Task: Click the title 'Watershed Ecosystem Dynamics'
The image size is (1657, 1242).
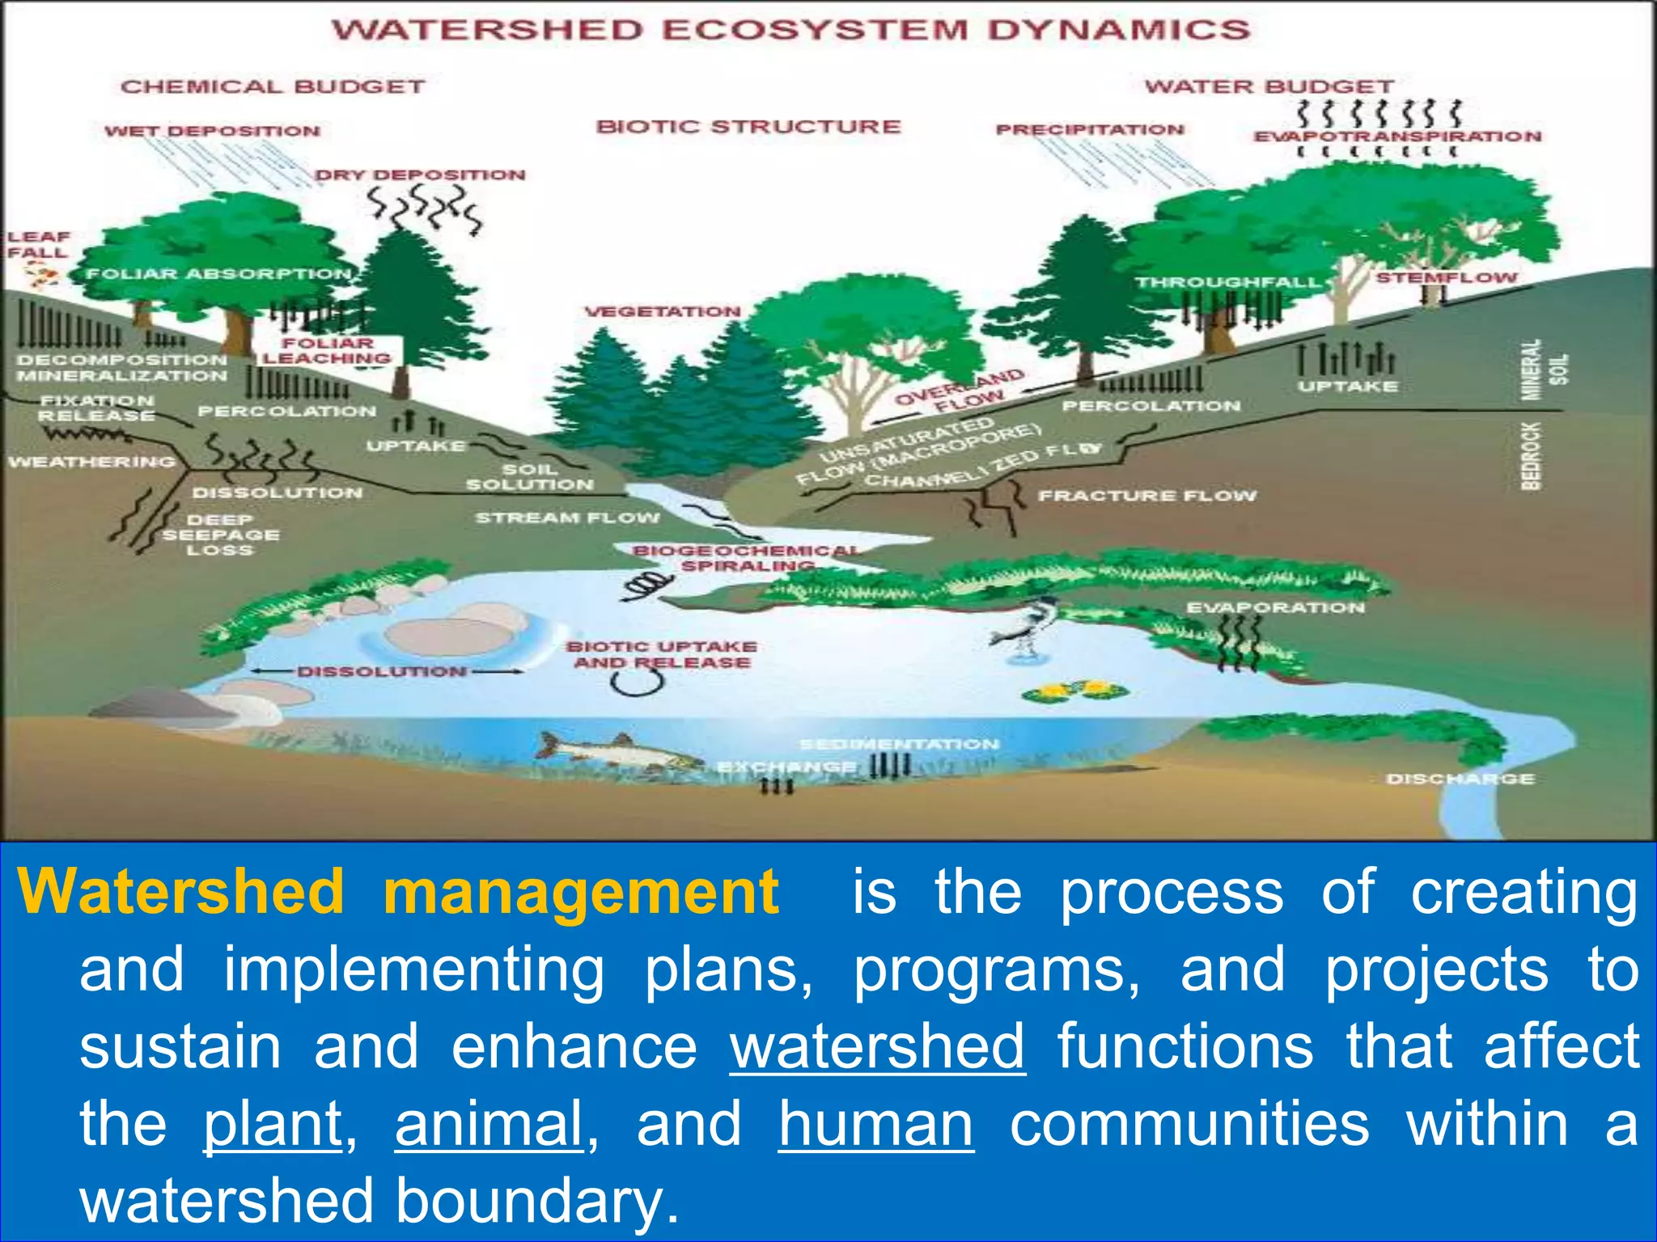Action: (790, 31)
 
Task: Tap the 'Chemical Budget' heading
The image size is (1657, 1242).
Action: (273, 87)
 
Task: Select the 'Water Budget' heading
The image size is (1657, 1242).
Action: (1269, 87)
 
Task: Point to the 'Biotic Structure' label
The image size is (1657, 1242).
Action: (748, 127)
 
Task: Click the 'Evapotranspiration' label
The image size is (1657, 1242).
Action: (1397, 137)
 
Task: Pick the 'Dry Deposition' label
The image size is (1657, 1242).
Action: (420, 175)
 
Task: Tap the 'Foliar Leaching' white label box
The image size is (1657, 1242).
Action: (328, 351)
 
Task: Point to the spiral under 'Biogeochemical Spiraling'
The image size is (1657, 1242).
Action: (647, 584)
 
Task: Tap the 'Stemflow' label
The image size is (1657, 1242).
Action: (1447, 277)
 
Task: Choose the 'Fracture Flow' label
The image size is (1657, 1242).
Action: (1147, 495)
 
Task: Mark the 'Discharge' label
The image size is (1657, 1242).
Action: (1460, 779)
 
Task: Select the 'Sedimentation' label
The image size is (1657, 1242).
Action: (899, 744)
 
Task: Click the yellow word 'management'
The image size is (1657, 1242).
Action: (580, 892)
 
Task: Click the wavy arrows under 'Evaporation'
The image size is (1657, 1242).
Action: (1240, 643)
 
